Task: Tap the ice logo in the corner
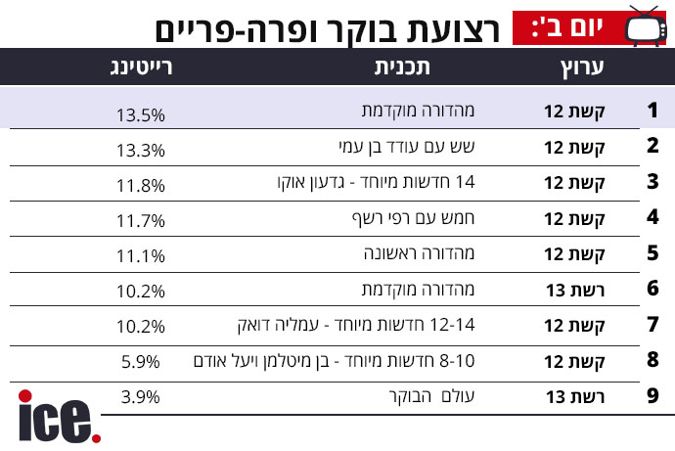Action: (x=60, y=417)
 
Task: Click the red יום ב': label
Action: (x=567, y=28)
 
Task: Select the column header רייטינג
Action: (x=141, y=68)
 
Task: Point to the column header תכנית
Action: (x=402, y=68)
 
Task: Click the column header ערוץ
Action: (x=582, y=68)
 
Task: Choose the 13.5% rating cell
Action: (x=141, y=115)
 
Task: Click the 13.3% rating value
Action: (x=141, y=151)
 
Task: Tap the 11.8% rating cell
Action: (x=141, y=186)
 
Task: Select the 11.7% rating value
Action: (x=141, y=221)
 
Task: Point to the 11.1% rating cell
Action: (x=141, y=256)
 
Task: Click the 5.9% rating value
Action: (x=140, y=362)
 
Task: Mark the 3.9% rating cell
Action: (x=140, y=397)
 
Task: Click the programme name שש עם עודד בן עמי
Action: (x=407, y=147)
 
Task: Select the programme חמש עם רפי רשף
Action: (x=413, y=218)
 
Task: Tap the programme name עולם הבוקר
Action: (x=431, y=396)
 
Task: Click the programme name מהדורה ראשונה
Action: (x=419, y=253)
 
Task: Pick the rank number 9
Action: (x=652, y=395)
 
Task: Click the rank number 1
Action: (x=652, y=111)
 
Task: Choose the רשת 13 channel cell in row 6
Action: (x=575, y=291)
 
